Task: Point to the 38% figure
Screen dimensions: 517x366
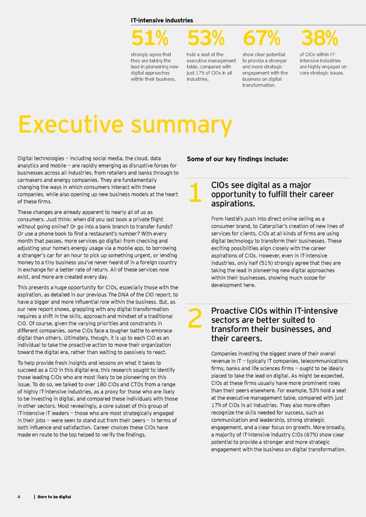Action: tap(319, 39)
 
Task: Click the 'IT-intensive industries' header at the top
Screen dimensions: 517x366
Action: tap(162, 20)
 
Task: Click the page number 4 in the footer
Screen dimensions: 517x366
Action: tap(20, 497)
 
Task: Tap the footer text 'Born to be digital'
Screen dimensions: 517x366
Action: tap(54, 497)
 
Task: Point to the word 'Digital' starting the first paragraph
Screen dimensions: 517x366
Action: tap(28, 159)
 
